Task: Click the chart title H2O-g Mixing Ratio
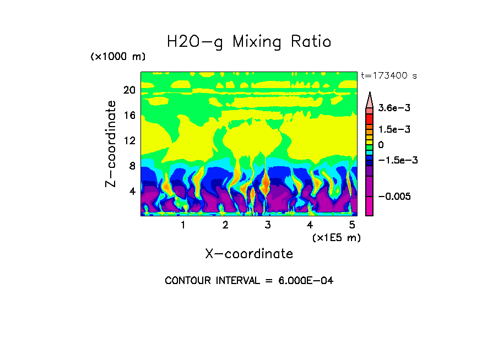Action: coord(249,42)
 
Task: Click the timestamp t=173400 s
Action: coord(388,76)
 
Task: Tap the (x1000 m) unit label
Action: coord(118,57)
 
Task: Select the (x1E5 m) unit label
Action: coord(336,237)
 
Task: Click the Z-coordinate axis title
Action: coord(111,144)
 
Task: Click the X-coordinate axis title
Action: coord(249,254)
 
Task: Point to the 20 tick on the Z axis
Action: coord(129,90)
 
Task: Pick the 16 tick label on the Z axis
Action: coord(129,116)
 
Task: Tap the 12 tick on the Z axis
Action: coord(129,141)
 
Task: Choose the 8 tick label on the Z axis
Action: coord(132,166)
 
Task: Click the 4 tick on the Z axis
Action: coord(132,192)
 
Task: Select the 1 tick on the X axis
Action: coord(183,225)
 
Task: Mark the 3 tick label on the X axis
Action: coord(268,225)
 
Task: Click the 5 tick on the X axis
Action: coord(352,225)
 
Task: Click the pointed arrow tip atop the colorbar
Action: coord(369,95)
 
